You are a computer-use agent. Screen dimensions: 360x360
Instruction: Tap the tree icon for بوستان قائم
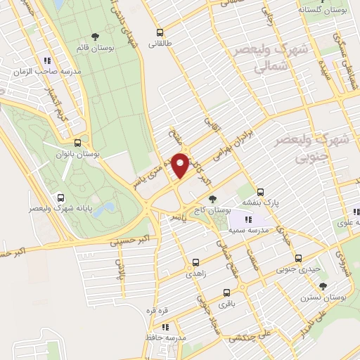click(95, 36)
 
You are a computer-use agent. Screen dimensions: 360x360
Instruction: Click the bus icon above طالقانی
click(160, 32)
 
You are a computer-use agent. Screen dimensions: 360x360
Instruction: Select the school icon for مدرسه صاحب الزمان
click(48, 60)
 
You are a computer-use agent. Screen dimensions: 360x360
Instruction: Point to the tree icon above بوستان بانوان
click(84, 141)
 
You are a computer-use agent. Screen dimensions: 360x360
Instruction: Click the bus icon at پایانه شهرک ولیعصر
click(60, 198)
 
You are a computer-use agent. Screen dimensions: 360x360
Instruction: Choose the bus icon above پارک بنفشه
click(260, 191)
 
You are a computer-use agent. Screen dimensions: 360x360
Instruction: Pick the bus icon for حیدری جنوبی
click(298, 258)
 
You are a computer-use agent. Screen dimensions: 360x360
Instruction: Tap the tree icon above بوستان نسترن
click(323, 285)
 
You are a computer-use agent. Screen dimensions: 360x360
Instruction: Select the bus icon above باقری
click(226, 292)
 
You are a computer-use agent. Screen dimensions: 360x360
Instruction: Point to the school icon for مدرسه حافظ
click(165, 327)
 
